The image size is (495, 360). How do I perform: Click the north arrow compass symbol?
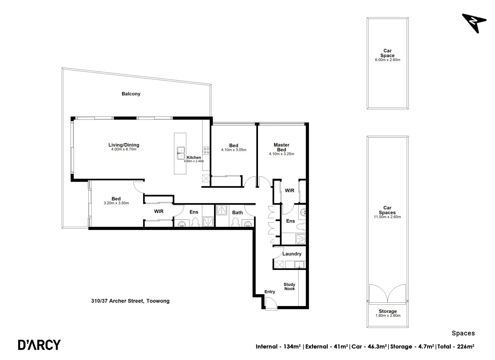click(x=474, y=22)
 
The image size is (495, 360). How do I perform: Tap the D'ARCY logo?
click(x=39, y=345)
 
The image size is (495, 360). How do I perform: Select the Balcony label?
click(x=131, y=94)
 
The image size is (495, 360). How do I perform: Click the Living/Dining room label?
click(x=124, y=145)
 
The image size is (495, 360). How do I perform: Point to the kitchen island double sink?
click(x=180, y=153)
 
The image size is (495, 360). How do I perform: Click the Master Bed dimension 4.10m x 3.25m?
click(x=281, y=154)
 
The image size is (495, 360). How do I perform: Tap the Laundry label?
click(x=292, y=254)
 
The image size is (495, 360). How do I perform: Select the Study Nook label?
click(x=289, y=287)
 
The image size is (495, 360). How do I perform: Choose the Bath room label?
click(x=237, y=213)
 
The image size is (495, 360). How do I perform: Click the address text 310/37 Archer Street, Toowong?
click(x=130, y=301)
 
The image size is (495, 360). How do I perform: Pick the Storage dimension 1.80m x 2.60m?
click(x=388, y=316)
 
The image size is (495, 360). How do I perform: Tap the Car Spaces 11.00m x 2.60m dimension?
click(x=387, y=217)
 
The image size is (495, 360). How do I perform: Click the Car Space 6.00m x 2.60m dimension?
click(x=387, y=60)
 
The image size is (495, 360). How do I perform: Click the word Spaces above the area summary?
click(x=463, y=333)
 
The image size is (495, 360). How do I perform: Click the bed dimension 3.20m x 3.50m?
click(x=116, y=203)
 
